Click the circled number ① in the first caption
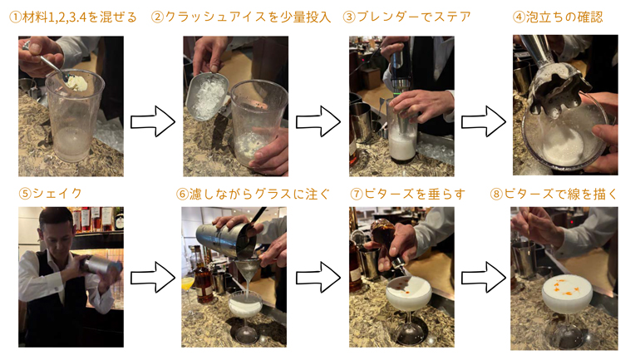coord(15,17)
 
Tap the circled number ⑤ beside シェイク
coord(25,193)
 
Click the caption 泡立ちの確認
coord(564,17)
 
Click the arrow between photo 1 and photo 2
coord(153,121)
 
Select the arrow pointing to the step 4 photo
coord(484,121)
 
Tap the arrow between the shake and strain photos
coord(153,277)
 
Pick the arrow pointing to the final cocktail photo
coord(484,277)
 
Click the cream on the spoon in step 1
coord(76,82)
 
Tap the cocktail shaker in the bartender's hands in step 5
coord(100,264)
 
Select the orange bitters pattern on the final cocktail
coord(566,287)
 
